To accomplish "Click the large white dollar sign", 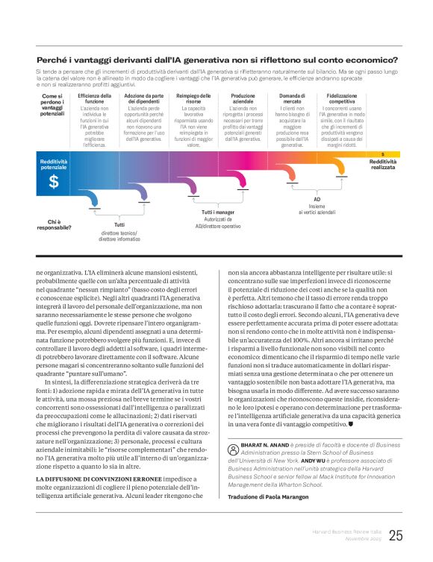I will [x=54, y=182].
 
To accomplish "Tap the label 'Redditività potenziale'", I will [x=54, y=164].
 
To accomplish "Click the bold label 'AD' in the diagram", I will [x=317, y=200].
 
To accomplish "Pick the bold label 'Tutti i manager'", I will [x=217, y=213].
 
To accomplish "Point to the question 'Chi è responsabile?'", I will [x=54, y=224].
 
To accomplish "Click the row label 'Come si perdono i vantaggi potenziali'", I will [x=52, y=104].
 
